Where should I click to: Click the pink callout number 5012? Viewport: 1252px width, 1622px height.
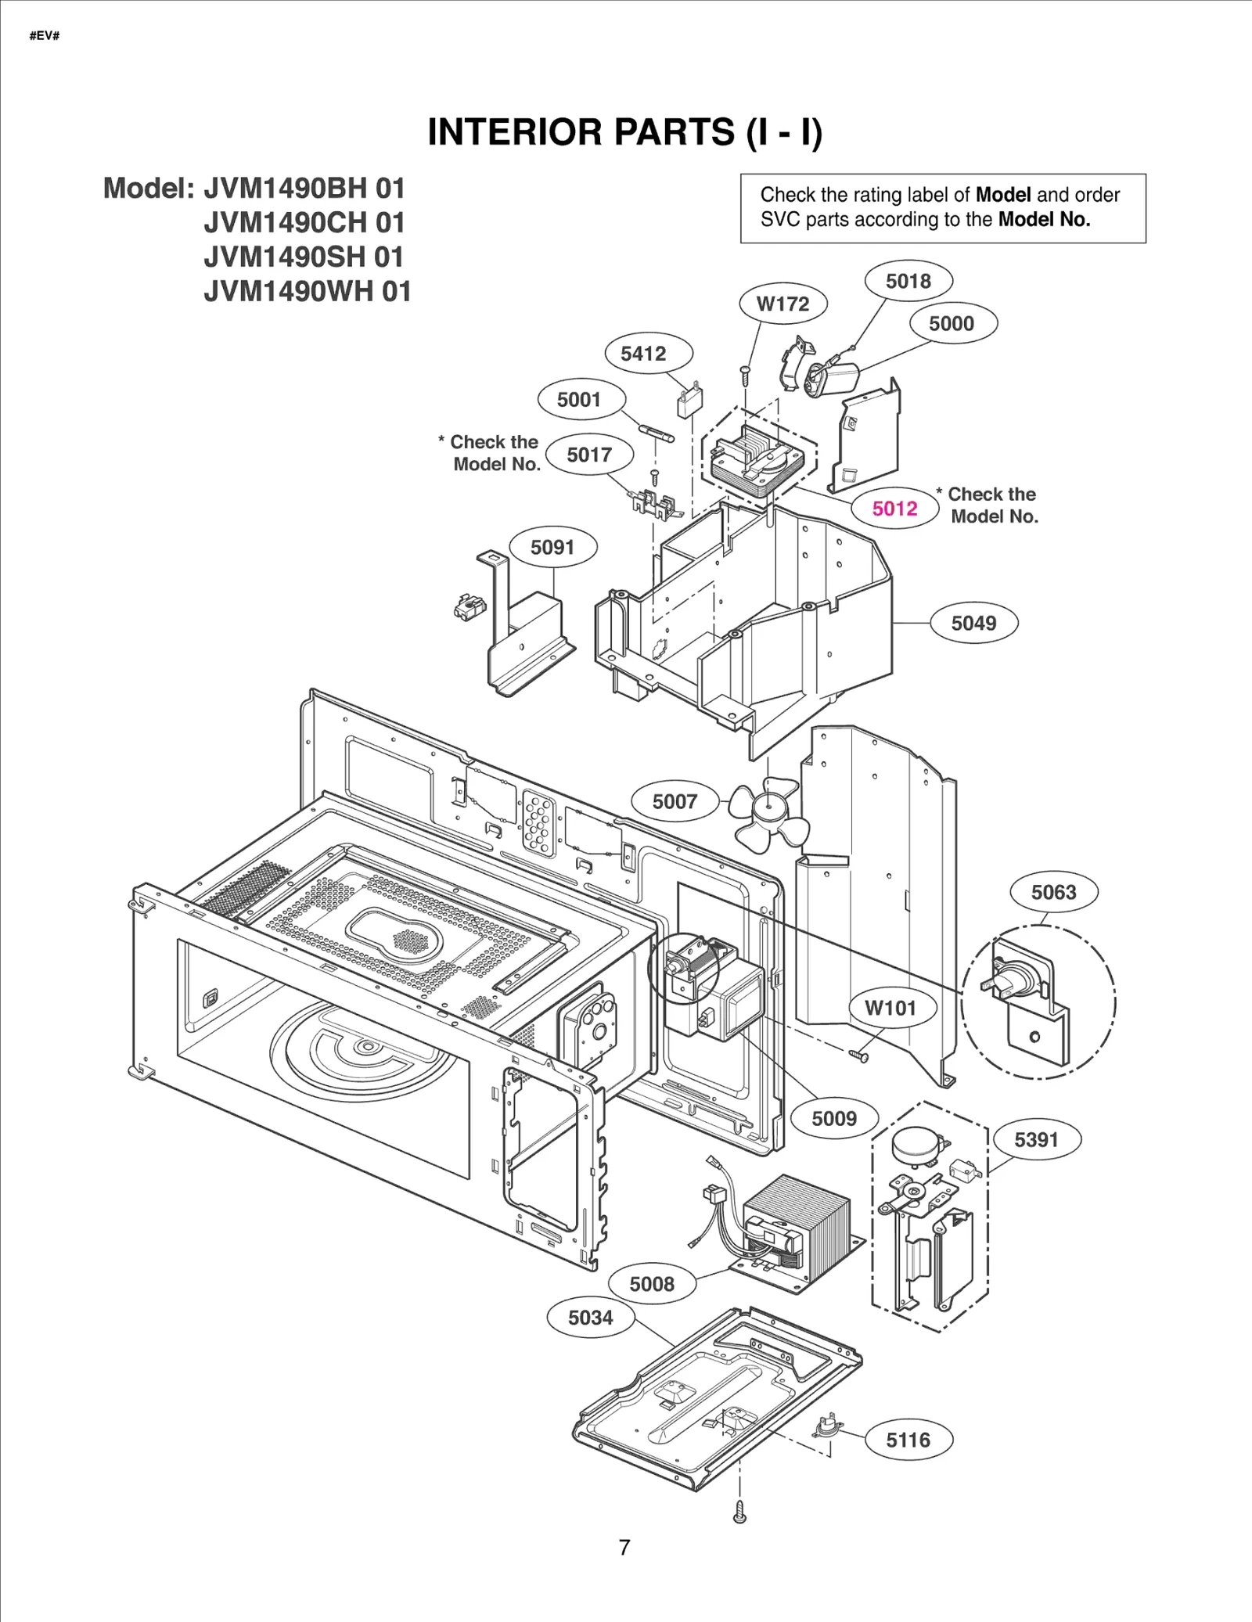(894, 509)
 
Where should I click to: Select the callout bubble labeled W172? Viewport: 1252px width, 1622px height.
(782, 304)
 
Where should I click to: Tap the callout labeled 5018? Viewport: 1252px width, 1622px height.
(908, 281)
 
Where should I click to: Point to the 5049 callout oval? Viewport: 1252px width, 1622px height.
(973, 623)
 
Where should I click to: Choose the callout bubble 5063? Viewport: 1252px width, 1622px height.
(1053, 892)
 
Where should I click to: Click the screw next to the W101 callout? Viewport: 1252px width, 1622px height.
(858, 1056)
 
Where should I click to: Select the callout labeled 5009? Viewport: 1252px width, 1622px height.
(834, 1118)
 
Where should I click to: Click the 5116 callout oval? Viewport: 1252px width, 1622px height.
(908, 1440)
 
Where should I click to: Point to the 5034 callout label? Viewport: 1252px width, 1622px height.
(590, 1318)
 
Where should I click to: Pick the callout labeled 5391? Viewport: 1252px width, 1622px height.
(1036, 1139)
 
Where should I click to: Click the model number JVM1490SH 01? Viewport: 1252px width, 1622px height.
(304, 257)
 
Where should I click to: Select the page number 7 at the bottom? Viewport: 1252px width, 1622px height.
(624, 1547)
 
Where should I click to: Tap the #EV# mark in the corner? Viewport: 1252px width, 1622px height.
(45, 37)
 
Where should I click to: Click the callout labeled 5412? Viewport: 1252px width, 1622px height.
(643, 354)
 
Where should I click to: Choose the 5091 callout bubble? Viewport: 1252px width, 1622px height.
(552, 547)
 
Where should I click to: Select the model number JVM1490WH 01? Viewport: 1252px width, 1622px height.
(307, 291)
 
